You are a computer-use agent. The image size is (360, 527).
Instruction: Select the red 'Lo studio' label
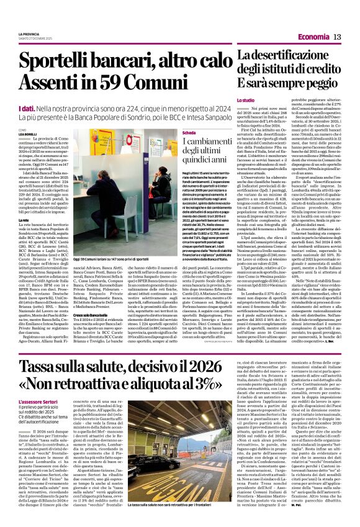point(246,99)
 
